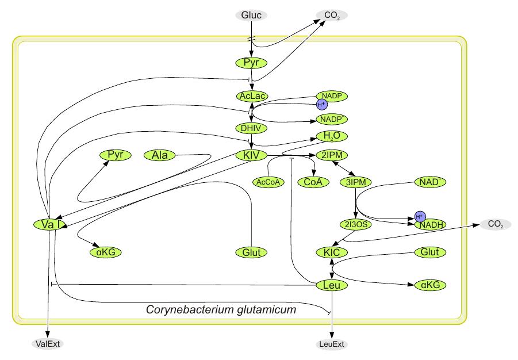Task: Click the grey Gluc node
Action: pos(251,15)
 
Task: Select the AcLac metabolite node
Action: pos(252,95)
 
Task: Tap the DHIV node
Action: pos(252,128)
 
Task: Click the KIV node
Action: pos(252,155)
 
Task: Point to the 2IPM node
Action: pos(332,155)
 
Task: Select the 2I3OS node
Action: pos(356,225)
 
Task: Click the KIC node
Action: pos(332,252)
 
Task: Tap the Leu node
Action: pos(332,285)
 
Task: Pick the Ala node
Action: pos(159,155)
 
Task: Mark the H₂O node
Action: pos(332,136)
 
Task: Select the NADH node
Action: pos(431,225)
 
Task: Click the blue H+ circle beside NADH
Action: pos(420,216)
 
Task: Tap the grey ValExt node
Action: pos(48,344)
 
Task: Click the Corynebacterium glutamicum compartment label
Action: pos(221,310)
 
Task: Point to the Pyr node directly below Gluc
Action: pos(252,63)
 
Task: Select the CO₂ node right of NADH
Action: pos(495,224)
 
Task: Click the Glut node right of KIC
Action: pos(431,252)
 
